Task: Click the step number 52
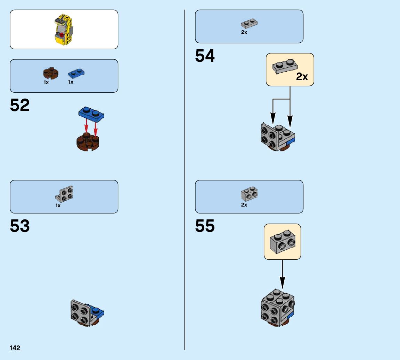coord(20,105)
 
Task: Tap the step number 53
coord(20,226)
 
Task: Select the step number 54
coord(205,56)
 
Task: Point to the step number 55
coord(205,226)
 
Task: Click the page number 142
coord(15,348)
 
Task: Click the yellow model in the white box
coord(64,30)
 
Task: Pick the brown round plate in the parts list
coord(51,73)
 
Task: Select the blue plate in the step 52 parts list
coord(76,73)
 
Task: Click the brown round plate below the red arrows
coord(88,142)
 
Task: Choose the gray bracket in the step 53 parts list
coord(65,194)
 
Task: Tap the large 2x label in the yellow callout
coord(302,77)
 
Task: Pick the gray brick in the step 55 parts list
coord(249,194)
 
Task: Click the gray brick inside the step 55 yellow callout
coord(282,241)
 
